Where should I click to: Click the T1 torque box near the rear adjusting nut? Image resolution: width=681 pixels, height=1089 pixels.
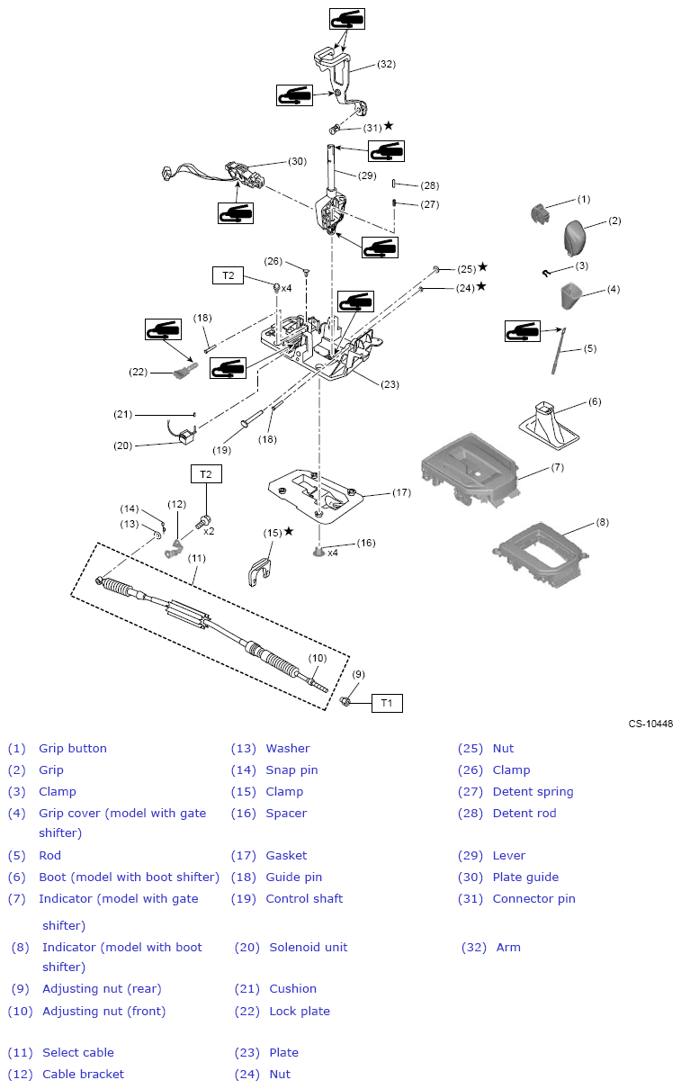387,703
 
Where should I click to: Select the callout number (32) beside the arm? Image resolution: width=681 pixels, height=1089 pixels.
386,64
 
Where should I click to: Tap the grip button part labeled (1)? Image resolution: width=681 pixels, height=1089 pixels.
541,212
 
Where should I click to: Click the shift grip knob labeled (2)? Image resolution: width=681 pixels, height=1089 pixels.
578,237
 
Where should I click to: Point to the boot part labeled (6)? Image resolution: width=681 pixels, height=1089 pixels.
550,424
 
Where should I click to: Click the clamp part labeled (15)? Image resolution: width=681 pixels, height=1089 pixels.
258,571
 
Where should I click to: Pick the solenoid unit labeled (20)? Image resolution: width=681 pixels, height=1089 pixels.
185,437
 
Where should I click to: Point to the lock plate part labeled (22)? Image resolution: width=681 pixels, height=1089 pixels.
184,370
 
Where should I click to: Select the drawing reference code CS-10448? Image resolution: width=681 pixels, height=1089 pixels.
650,724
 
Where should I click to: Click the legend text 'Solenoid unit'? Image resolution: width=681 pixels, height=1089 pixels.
308,947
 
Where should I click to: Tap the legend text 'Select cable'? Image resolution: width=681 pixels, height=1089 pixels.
78,1052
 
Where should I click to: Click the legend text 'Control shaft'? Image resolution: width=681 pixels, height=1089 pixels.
304,898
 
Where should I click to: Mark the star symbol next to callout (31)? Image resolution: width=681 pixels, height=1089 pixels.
389,126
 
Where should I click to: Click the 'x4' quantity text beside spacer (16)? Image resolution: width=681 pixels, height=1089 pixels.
333,553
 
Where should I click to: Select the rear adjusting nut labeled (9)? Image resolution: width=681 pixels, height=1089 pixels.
345,700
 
